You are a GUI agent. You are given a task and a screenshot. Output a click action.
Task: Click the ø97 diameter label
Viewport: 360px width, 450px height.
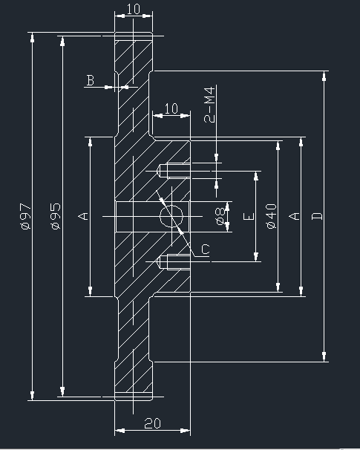click(x=25, y=216)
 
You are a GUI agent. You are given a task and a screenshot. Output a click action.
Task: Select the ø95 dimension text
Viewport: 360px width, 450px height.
click(x=56, y=216)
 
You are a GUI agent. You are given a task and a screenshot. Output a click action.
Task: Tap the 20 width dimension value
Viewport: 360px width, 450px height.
click(x=153, y=423)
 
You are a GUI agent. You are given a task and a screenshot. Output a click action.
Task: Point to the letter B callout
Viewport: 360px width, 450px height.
click(x=91, y=80)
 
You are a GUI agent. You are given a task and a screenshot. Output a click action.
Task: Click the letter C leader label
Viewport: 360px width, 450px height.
click(x=206, y=249)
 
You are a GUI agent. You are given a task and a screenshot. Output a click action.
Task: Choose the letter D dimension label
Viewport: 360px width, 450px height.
click(x=317, y=216)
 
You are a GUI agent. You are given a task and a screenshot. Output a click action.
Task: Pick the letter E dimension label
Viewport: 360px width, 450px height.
click(x=249, y=216)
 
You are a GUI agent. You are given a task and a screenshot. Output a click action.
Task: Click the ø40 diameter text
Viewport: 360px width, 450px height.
click(x=272, y=216)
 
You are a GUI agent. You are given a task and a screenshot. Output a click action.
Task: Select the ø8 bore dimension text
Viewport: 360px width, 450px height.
click(x=220, y=216)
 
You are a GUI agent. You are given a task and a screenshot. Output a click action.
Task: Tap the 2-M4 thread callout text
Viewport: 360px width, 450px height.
click(x=209, y=105)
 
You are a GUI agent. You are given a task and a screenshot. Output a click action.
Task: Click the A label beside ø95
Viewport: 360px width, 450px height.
click(x=83, y=216)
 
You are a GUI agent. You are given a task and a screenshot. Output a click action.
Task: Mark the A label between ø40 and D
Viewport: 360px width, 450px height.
click(x=295, y=216)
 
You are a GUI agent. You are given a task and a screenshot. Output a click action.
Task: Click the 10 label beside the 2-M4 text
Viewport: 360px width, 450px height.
click(x=171, y=108)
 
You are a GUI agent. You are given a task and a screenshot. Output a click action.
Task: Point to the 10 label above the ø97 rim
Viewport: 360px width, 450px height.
click(x=134, y=9)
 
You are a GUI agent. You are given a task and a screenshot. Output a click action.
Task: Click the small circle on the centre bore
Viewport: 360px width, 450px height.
click(x=171, y=216)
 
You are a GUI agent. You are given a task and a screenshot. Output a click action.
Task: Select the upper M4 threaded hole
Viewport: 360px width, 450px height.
click(x=174, y=171)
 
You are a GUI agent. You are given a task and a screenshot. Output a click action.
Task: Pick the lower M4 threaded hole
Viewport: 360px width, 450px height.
click(x=174, y=261)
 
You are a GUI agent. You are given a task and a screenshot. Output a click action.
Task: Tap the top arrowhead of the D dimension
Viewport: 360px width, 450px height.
click(x=324, y=76)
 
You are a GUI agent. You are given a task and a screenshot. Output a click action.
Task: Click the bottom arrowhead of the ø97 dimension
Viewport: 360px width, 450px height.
click(x=32, y=395)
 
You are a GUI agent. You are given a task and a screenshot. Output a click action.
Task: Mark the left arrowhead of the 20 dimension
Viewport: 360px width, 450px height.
click(x=120, y=431)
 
